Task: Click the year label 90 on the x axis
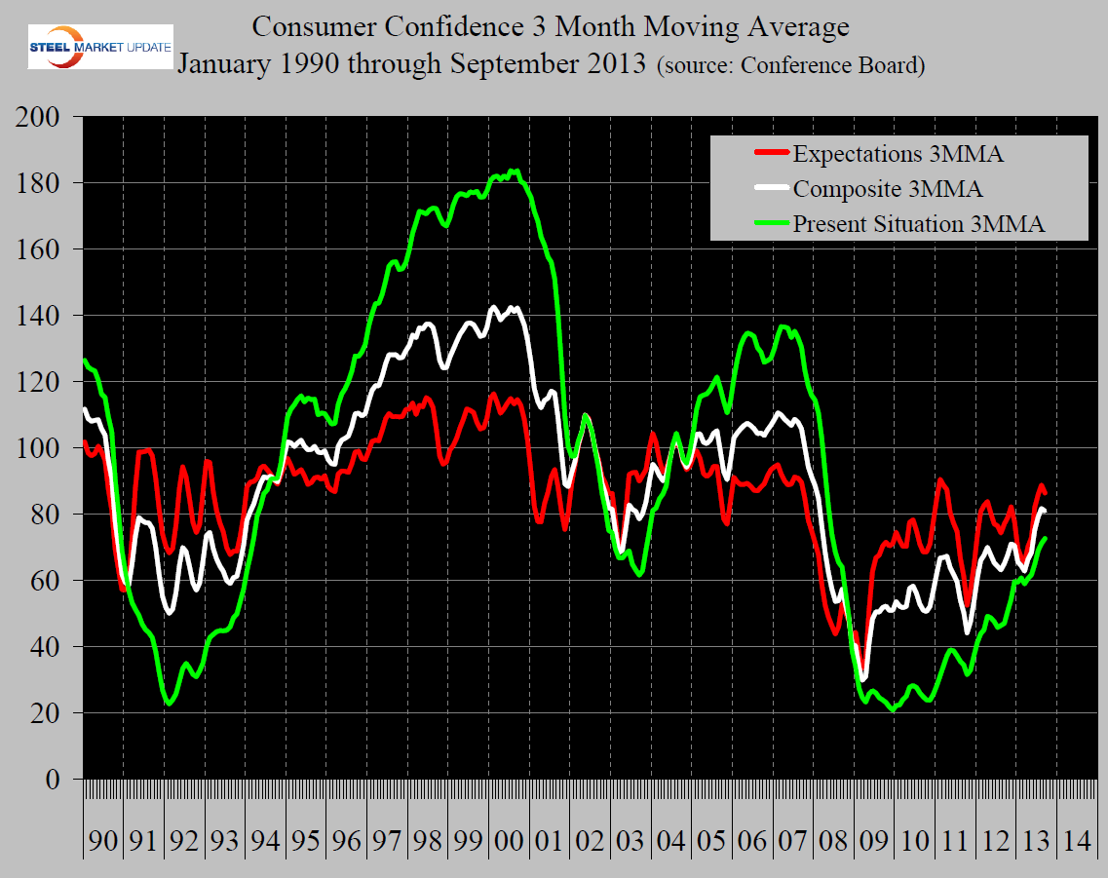tap(102, 839)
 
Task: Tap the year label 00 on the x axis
tap(509, 839)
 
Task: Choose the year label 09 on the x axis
tap(874, 839)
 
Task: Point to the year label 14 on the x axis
tap(1077, 839)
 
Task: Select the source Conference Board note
tap(791, 66)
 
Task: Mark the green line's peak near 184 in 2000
tap(514, 172)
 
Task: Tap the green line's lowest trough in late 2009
tap(893, 710)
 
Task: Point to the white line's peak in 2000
tap(494, 307)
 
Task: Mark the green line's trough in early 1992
tap(170, 703)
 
